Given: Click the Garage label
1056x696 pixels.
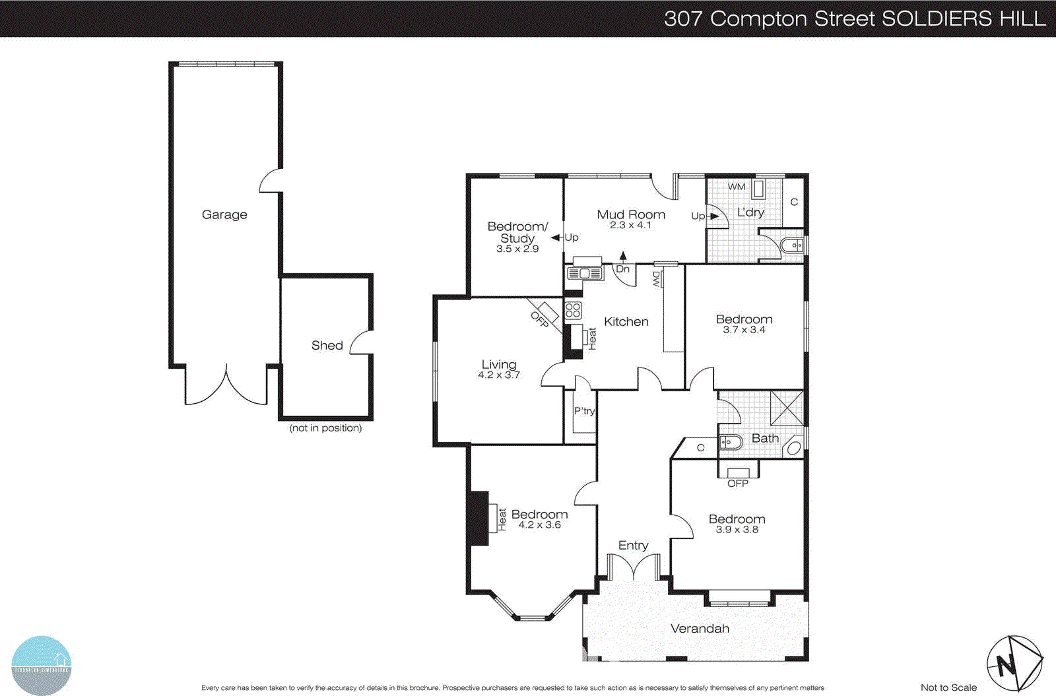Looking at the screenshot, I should click(x=224, y=214).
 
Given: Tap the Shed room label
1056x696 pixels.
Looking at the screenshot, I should click(x=327, y=345).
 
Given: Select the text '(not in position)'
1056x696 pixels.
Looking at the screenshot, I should click(x=325, y=427).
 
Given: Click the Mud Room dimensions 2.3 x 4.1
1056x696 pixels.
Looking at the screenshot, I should click(x=630, y=225).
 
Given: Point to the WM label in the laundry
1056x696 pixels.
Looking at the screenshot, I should click(x=736, y=187).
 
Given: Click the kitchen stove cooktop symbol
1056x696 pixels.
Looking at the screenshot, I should click(x=573, y=310).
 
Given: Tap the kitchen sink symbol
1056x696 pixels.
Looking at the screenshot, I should click(x=585, y=272).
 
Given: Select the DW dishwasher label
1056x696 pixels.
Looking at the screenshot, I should click(x=657, y=279).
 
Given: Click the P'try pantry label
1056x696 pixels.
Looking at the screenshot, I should click(x=584, y=411).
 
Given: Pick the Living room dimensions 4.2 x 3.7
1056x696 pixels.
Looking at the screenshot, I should click(x=499, y=375).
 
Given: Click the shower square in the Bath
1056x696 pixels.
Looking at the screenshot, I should click(x=787, y=408).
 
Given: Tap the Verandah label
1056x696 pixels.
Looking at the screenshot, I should click(x=700, y=628).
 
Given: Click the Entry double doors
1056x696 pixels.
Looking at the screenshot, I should click(x=634, y=567).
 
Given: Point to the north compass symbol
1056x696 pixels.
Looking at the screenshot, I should click(x=1014, y=662).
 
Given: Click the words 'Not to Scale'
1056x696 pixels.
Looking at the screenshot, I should click(x=948, y=687).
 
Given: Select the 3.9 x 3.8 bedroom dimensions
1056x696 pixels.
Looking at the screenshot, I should click(x=737, y=529).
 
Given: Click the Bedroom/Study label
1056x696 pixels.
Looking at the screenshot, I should click(x=517, y=232).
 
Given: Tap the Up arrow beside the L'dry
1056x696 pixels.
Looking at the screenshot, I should click(x=713, y=216).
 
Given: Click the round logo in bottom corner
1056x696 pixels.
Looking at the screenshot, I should click(x=41, y=665).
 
